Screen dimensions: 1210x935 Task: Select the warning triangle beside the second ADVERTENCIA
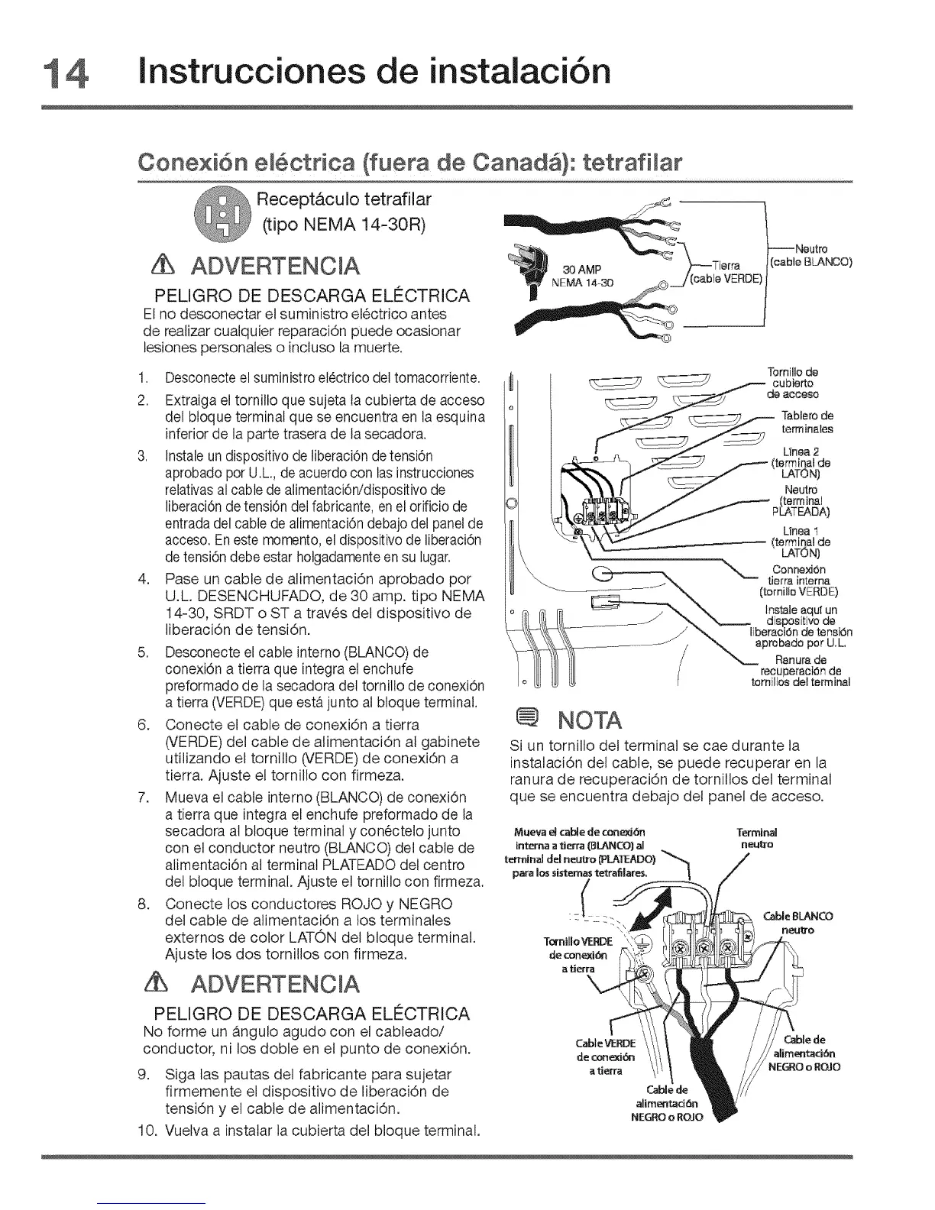(162, 981)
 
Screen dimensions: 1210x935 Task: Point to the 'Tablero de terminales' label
(807, 422)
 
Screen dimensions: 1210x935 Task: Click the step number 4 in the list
(144, 579)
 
